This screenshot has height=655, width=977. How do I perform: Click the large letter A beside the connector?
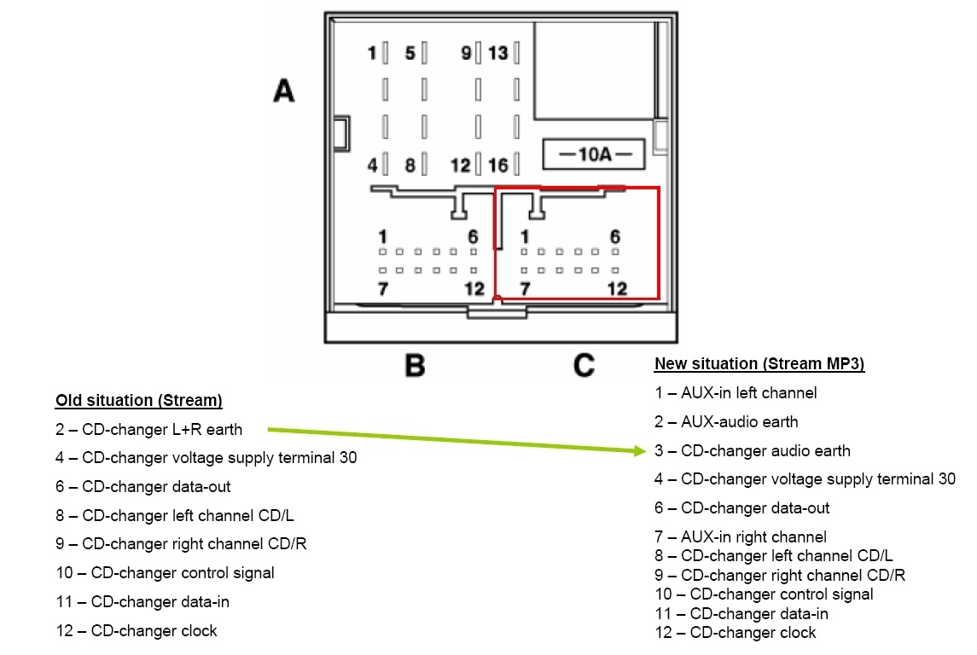[284, 90]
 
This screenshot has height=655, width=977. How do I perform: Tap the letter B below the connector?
[415, 366]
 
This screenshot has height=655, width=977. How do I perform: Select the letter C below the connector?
[584, 366]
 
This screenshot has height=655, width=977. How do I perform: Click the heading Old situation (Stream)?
[138, 400]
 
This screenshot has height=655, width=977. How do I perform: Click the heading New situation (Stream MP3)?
[759, 364]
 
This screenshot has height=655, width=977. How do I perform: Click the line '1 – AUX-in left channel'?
[736, 393]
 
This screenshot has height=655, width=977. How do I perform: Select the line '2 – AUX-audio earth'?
[726, 421]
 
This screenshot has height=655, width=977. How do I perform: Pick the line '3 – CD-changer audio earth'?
[752, 450]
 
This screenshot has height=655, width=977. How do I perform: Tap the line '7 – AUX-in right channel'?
[740, 536]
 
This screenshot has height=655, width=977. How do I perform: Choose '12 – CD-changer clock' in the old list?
[137, 631]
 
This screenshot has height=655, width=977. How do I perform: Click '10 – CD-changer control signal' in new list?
[764, 594]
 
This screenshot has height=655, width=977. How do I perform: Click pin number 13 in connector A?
[497, 54]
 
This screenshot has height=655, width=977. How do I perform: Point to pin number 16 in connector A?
[497, 165]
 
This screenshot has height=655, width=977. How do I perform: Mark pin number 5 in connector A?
[410, 54]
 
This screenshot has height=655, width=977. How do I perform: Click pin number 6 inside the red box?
[614, 236]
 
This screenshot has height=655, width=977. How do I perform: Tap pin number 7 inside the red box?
[524, 289]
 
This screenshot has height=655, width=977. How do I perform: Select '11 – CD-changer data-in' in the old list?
[142, 602]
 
